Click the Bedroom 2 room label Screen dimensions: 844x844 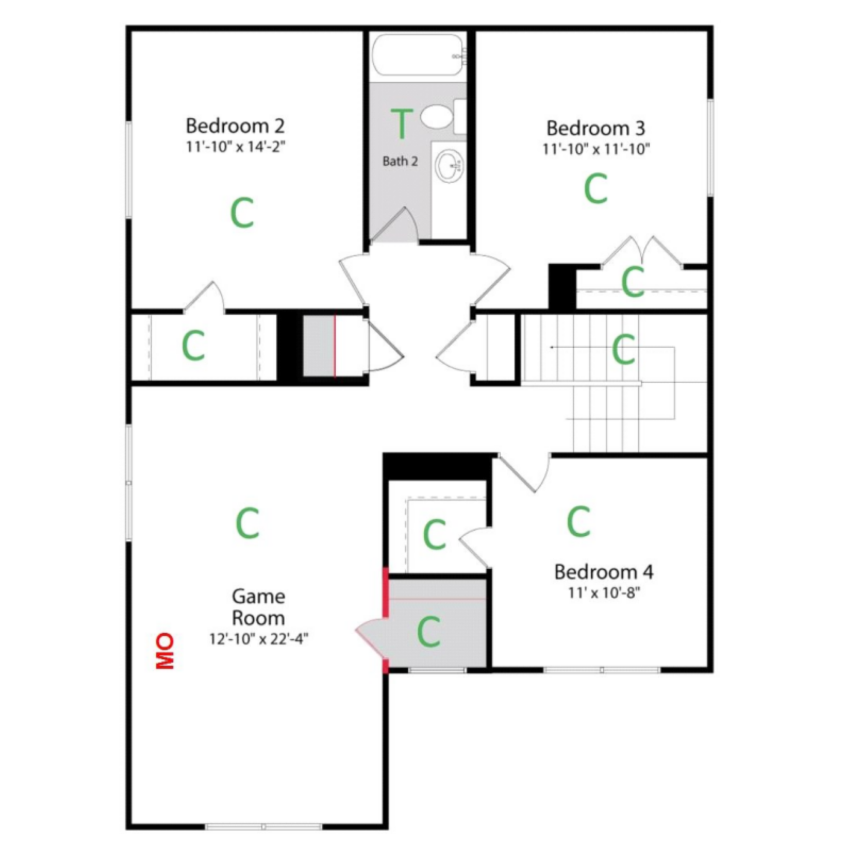235,126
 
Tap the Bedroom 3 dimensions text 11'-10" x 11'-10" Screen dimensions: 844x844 596,149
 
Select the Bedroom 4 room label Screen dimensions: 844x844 604,572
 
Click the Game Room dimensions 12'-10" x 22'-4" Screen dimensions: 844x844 258,639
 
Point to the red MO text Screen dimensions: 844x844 165,651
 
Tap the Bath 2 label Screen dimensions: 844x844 400,161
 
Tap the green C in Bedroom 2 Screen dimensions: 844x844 242,212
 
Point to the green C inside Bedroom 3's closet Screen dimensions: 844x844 633,281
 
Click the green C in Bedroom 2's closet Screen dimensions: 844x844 193,346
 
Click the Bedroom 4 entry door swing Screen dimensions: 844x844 527,473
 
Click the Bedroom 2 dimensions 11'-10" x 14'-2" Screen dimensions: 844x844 236,147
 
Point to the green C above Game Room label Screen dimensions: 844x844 247,523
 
